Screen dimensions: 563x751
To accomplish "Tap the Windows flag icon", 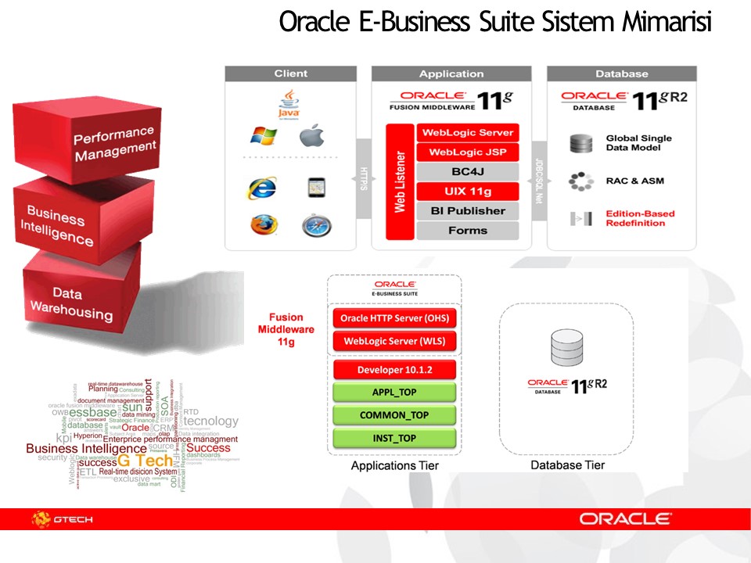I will pos(264,136).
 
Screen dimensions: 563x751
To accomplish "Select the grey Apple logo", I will pos(312,136).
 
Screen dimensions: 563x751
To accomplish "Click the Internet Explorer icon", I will pos(262,188).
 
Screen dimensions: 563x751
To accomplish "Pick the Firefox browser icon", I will pos(264,224).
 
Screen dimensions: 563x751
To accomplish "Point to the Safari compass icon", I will pos(317,225).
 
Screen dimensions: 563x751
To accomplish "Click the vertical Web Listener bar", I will pos(399,181).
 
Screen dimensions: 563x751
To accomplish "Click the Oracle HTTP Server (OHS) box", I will pos(394,319).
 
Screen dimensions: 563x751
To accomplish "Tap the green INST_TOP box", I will pos(394,439).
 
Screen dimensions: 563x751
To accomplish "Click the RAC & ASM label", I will pos(634,181).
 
